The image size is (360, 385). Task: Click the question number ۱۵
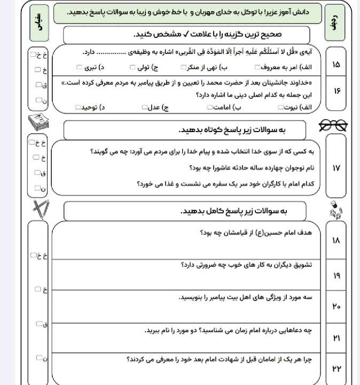[x=335, y=65]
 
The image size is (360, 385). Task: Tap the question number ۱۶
[x=335, y=91]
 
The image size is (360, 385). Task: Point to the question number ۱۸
[x=335, y=241]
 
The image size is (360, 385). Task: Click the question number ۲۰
[x=335, y=306]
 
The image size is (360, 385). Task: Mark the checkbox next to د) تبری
[x=79, y=67]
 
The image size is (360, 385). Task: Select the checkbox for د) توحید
[x=80, y=107]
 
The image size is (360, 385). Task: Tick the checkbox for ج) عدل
[x=144, y=107]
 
